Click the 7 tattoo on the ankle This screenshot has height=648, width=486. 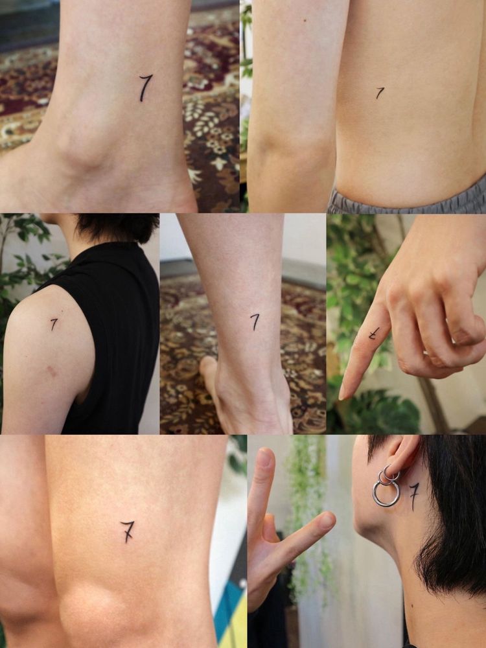tap(145, 87)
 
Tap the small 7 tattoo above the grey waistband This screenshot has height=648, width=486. tap(379, 93)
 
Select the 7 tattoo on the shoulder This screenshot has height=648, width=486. tap(54, 324)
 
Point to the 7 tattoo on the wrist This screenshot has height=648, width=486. tap(255, 321)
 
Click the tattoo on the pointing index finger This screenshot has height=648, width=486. tap(374, 333)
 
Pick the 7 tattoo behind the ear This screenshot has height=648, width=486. tap(413, 496)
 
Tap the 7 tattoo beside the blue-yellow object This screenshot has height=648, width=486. tap(128, 531)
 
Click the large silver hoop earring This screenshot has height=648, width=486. tap(386, 493)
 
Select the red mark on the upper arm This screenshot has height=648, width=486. tap(52, 371)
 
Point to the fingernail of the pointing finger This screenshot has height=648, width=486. tap(341, 392)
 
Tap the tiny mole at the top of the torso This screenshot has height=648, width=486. tap(305, 20)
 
